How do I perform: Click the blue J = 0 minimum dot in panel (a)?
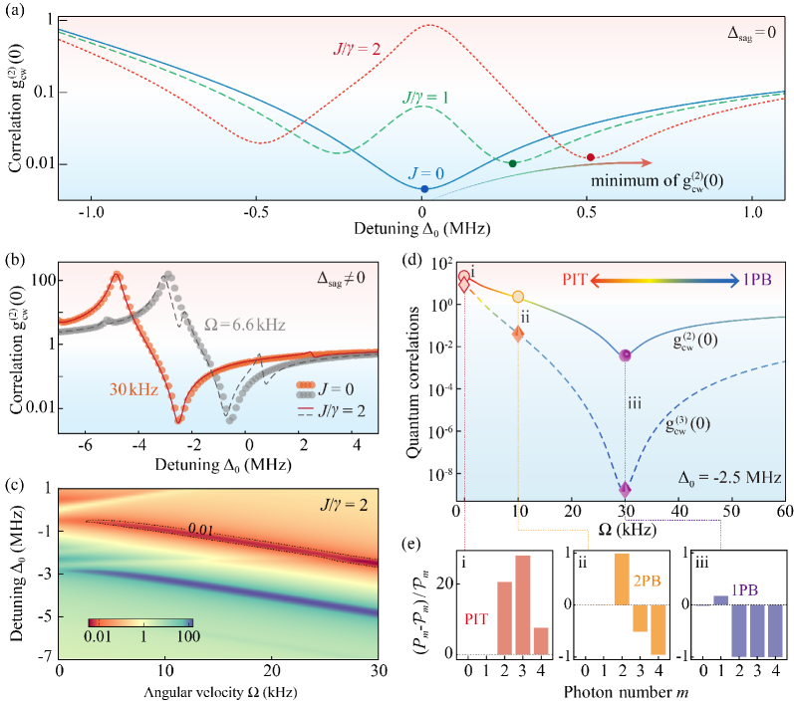[424, 189]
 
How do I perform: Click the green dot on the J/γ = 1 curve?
[513, 163]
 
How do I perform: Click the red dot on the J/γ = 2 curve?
[591, 157]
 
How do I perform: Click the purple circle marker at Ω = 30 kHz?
[626, 355]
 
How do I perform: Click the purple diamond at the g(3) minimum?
[626, 489]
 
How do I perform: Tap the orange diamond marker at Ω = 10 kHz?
[518, 335]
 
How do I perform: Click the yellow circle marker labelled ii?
[518, 297]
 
